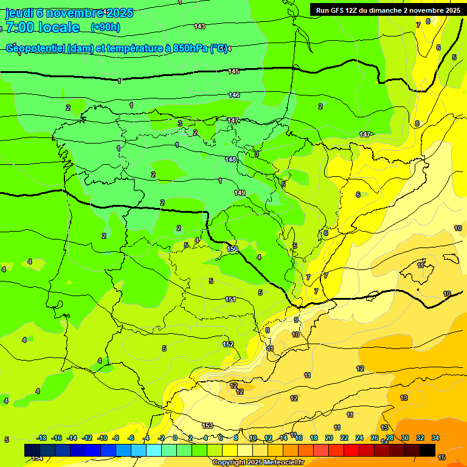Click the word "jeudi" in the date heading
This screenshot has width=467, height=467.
(x=19, y=13)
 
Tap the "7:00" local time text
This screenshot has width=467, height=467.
(x=20, y=27)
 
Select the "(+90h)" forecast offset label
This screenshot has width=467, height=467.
(x=105, y=27)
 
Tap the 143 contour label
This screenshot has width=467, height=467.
(x=199, y=26)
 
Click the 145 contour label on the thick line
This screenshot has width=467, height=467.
(x=233, y=72)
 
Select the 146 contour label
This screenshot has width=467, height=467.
(x=234, y=95)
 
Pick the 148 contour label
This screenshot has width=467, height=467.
(x=230, y=159)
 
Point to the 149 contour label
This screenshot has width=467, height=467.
(x=240, y=193)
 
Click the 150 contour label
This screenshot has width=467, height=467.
(x=232, y=249)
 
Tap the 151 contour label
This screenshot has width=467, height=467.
(x=230, y=299)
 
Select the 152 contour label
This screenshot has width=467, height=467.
(x=228, y=344)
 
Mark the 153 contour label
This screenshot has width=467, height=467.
(x=207, y=426)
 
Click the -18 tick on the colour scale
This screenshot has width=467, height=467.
(x=42, y=438)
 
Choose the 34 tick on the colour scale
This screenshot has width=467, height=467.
(x=435, y=438)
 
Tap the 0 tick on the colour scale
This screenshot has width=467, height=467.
(x=175, y=438)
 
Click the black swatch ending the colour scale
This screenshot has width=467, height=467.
(x=427, y=450)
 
